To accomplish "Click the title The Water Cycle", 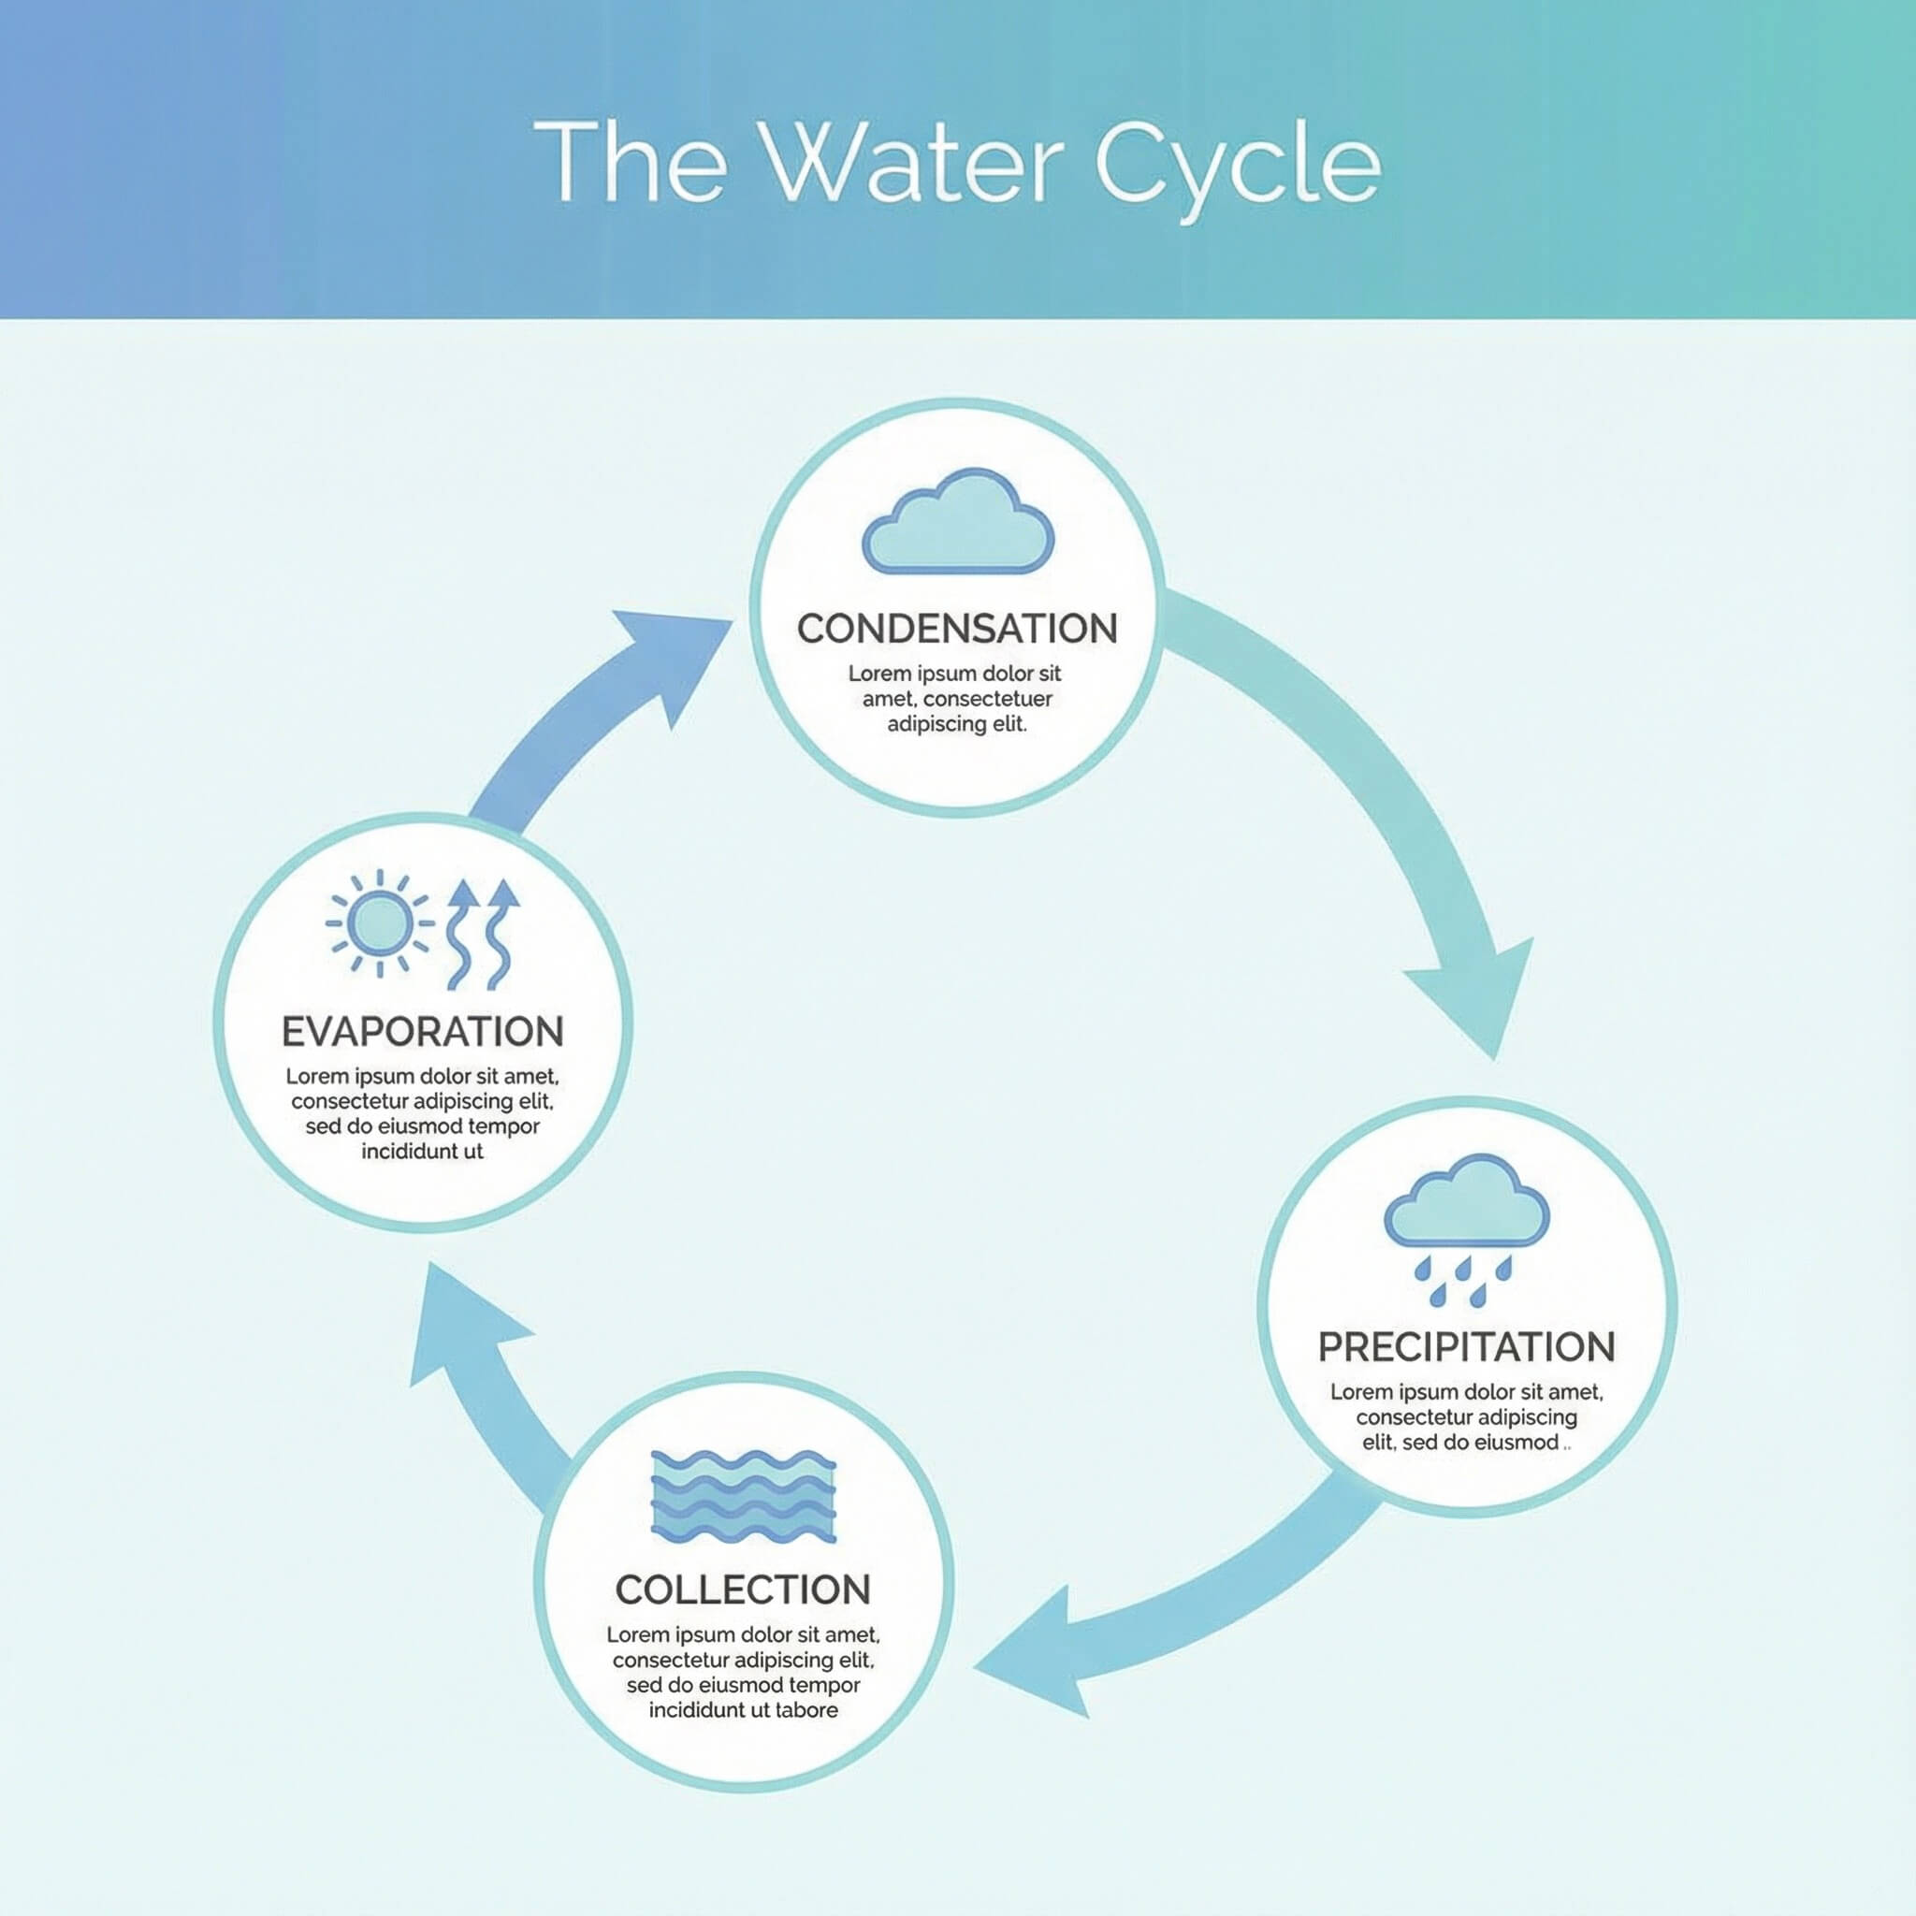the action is (x=957, y=164).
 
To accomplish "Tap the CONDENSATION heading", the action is (x=957, y=628).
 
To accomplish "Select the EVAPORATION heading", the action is (x=423, y=1031).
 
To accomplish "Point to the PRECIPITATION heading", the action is (x=1467, y=1348).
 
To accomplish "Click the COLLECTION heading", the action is (x=743, y=1589).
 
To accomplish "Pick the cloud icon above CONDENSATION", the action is (x=958, y=521).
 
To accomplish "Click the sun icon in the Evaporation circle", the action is (x=380, y=923).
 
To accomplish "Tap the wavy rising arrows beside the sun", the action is (x=483, y=935).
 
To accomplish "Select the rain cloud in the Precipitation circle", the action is (x=1467, y=1200).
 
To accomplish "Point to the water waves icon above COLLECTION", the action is (x=743, y=1497).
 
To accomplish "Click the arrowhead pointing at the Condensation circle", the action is (x=675, y=662).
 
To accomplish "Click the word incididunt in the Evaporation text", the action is (x=406, y=1152).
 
